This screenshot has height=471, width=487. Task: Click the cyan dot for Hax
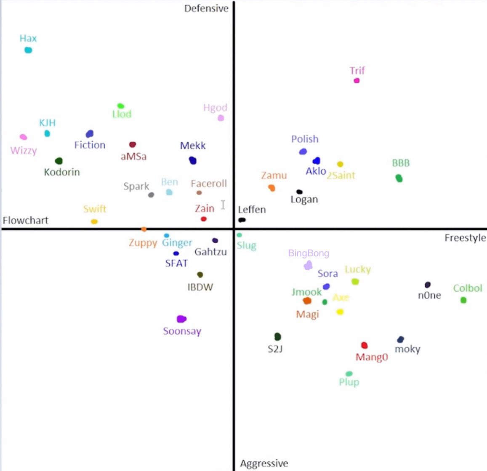pyautogui.click(x=28, y=50)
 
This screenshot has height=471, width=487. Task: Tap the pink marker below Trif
pyautogui.click(x=357, y=80)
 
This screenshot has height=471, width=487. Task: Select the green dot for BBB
pyautogui.click(x=399, y=178)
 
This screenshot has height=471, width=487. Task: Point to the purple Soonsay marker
pyautogui.click(x=181, y=319)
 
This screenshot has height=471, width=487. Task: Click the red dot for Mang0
pyautogui.click(x=364, y=346)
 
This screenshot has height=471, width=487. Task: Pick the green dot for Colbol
pyautogui.click(x=463, y=300)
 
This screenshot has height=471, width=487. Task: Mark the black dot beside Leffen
pyautogui.click(x=242, y=220)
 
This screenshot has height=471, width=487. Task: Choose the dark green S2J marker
pyautogui.click(x=277, y=336)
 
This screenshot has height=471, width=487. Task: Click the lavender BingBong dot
pyautogui.click(x=308, y=265)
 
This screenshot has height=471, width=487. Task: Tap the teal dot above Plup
pyautogui.click(x=349, y=374)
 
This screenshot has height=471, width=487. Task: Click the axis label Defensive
pyautogui.click(x=206, y=8)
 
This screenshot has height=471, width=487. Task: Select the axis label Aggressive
pyautogui.click(x=264, y=463)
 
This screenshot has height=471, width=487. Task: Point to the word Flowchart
pyautogui.click(x=26, y=220)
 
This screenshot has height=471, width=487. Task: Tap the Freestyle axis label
pyautogui.click(x=465, y=238)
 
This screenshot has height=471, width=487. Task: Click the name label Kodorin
pyautogui.click(x=62, y=172)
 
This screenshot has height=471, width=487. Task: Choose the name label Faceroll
pyautogui.click(x=209, y=184)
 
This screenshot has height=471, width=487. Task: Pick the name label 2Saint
pyautogui.click(x=341, y=175)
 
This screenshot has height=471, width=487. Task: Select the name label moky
pyautogui.click(x=407, y=349)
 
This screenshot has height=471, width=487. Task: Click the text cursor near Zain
pyautogui.click(x=223, y=205)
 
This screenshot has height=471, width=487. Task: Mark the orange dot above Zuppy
pyautogui.click(x=144, y=229)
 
